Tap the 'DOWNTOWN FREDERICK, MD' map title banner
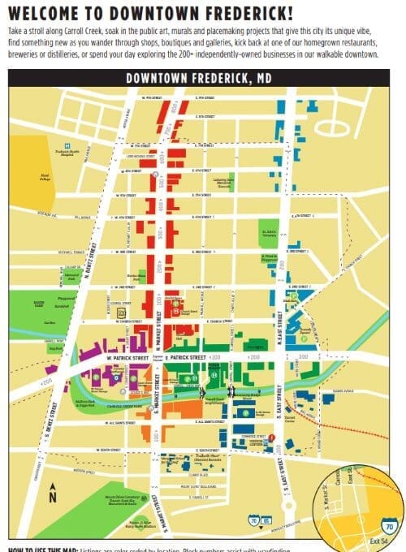tap(197, 79)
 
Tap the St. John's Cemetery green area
tap(268, 236)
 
